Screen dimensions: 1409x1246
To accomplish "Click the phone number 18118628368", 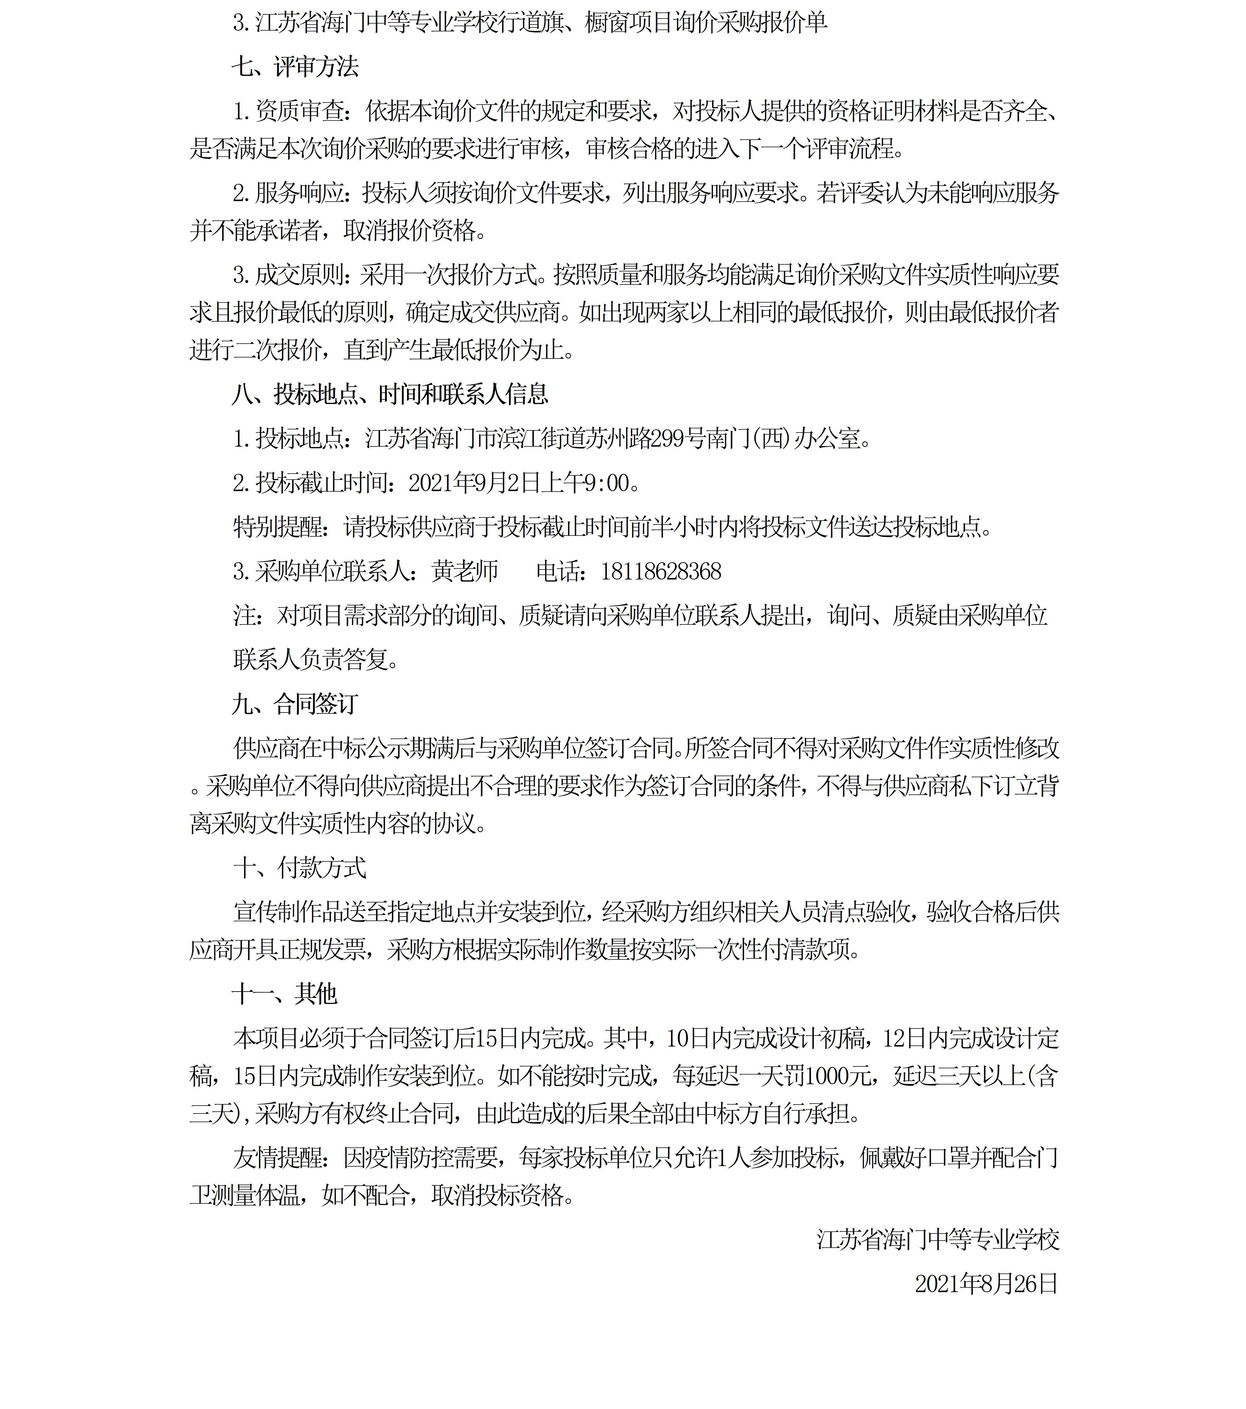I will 661,571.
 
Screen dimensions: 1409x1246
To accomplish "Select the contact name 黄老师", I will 465,571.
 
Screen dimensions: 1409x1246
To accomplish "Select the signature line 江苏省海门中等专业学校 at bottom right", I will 938,1240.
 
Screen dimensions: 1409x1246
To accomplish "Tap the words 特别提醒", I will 277,527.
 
